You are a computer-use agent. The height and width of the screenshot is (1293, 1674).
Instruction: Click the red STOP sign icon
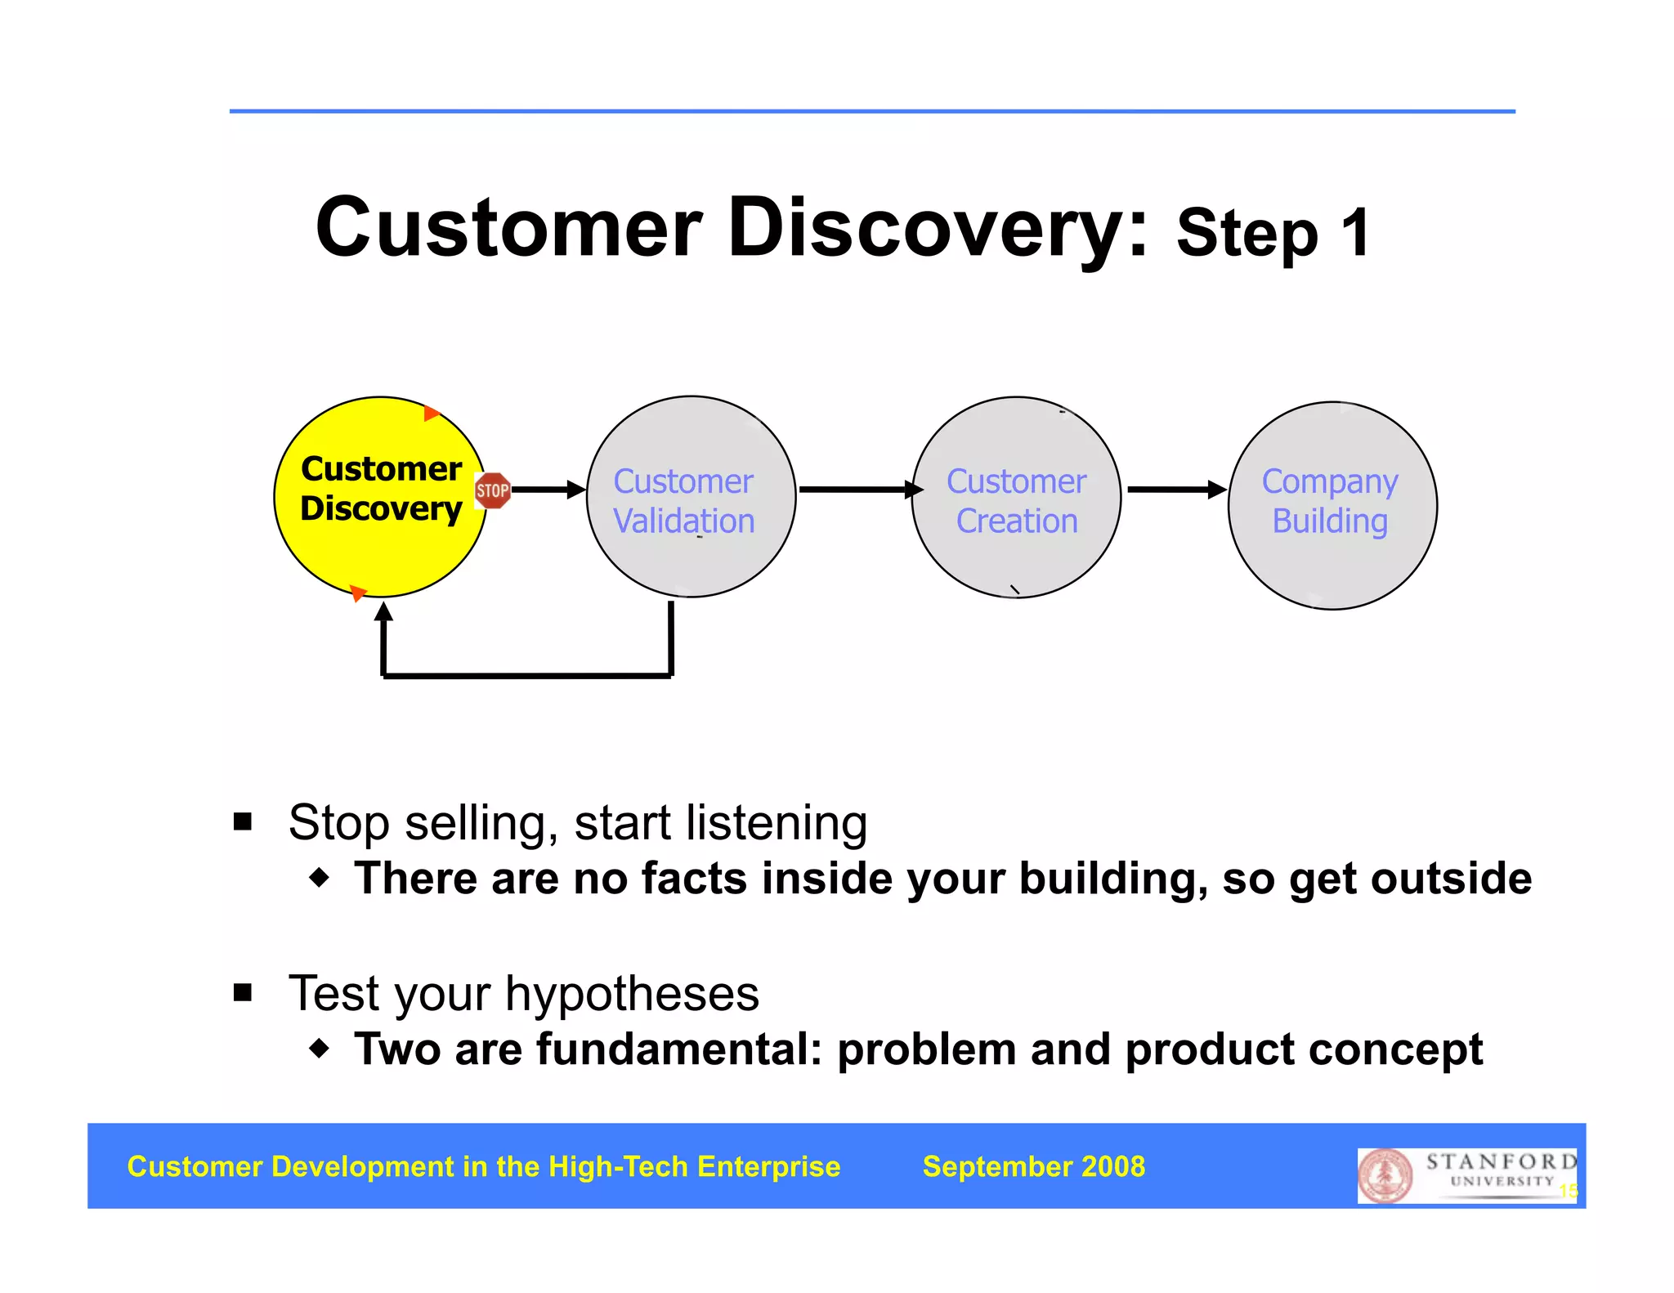pyautogui.click(x=492, y=490)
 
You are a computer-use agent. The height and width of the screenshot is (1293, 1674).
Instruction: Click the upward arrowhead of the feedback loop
pyautogui.click(x=383, y=611)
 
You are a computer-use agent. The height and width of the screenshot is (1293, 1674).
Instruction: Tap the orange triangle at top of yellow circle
pyautogui.click(x=432, y=413)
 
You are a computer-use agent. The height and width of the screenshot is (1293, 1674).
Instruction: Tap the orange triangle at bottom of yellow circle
pyautogui.click(x=357, y=593)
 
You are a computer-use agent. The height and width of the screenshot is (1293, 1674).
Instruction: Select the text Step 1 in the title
pyautogui.click(x=1272, y=234)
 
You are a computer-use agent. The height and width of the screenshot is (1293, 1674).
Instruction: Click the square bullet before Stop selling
pyautogui.click(x=243, y=821)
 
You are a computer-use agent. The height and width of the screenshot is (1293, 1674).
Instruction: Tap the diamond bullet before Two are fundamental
pyautogui.click(x=320, y=1048)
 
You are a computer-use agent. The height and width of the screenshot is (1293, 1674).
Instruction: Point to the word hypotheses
pyautogui.click(x=632, y=995)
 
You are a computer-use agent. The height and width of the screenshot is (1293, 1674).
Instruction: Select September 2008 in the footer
pyautogui.click(x=1033, y=1166)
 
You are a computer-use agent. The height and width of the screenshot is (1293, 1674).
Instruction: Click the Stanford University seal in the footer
pyautogui.click(x=1385, y=1176)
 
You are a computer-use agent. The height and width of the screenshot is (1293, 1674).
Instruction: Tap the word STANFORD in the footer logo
pyautogui.click(x=1501, y=1161)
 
